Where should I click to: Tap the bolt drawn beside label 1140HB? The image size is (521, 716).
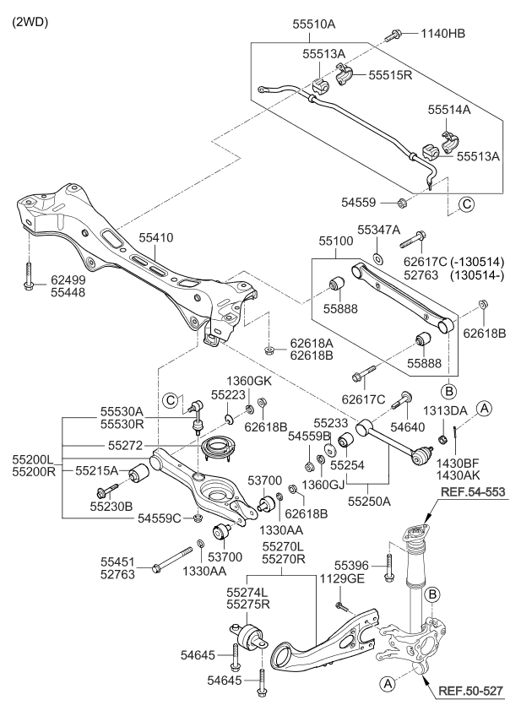coord(395,35)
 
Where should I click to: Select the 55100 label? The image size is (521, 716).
coord(339,241)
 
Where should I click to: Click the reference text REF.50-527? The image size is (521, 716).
coord(471,691)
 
